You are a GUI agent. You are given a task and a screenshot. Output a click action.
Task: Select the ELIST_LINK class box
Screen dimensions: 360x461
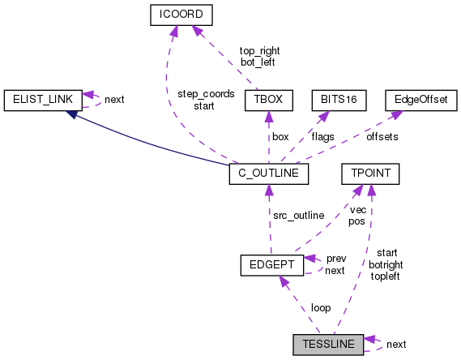coord(39,100)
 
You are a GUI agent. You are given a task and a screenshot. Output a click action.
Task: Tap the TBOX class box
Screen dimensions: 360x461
coord(267,100)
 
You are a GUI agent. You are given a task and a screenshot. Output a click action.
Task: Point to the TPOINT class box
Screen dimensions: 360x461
coord(369,174)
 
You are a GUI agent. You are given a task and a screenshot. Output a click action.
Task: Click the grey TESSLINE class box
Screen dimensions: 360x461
coord(328,344)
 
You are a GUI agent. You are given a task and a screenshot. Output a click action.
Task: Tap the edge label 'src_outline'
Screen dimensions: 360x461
coord(297,215)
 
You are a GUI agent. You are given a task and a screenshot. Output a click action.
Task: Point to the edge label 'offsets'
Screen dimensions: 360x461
coord(382,137)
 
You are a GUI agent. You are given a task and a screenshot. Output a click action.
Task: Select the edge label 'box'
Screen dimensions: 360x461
coord(280,137)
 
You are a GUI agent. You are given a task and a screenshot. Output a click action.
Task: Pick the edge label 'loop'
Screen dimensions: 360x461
coord(319,308)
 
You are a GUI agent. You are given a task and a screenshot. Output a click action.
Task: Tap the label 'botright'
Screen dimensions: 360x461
coord(386,264)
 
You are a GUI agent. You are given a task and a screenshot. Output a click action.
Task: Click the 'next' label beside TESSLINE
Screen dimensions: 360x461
coord(396,345)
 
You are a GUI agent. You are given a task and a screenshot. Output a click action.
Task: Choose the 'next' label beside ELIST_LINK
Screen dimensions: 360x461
coord(115,101)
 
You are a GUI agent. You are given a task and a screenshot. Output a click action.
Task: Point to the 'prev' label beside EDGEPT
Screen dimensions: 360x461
coord(335,259)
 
